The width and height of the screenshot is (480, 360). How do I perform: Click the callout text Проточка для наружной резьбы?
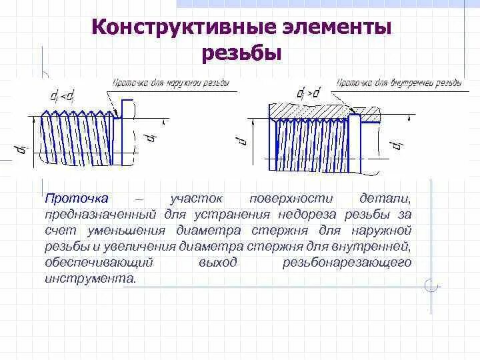pyautogui.click(x=171, y=83)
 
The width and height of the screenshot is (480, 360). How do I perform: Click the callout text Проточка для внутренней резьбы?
pyautogui.click(x=398, y=83)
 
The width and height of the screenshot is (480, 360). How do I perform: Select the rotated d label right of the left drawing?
pyautogui.click(x=152, y=137)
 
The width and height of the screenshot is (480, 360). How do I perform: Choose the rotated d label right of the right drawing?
pyautogui.click(x=397, y=143)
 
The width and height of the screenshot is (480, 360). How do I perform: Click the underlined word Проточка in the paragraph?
pyautogui.click(x=76, y=199)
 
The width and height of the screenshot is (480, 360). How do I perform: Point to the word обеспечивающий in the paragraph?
pyautogui.click(x=100, y=262)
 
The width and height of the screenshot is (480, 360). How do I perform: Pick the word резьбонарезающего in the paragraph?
pyautogui.click(x=347, y=262)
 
